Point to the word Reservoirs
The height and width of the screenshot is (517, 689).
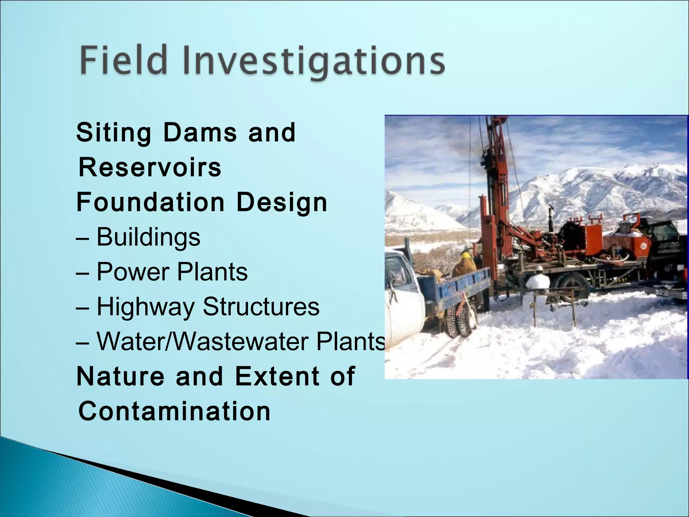150,168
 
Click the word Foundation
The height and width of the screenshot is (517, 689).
150,202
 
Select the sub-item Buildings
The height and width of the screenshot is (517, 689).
148,237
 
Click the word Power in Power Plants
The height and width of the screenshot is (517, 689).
132,272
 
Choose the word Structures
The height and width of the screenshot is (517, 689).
261,307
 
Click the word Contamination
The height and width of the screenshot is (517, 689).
174,411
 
